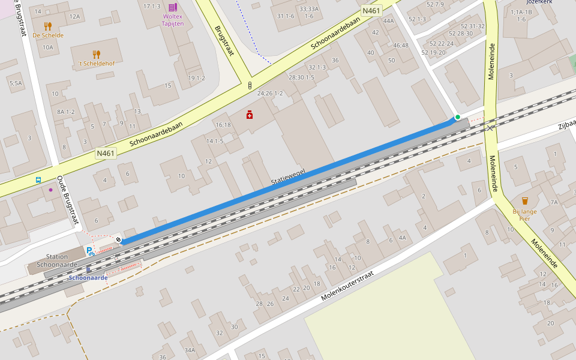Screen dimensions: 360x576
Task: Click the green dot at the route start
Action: point(457,117)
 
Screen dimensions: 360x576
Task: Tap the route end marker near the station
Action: point(118,240)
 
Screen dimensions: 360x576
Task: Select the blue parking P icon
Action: point(89,251)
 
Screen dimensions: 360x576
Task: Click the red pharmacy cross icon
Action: point(250,114)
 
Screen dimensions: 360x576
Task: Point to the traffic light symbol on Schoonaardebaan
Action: point(250,86)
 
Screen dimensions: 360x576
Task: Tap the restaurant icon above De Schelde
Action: point(48,26)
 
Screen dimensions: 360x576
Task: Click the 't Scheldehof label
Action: point(97,65)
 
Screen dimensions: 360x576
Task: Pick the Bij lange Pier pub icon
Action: point(525,201)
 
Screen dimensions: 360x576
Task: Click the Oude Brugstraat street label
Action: point(68,200)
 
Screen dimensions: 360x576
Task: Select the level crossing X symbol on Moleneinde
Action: point(490,127)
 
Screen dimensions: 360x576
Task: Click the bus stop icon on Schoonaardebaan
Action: point(38,179)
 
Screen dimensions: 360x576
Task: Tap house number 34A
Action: point(190,350)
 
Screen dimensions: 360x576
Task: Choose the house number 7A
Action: point(554,202)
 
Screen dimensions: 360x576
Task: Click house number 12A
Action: point(74,16)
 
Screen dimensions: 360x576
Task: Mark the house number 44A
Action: point(388,21)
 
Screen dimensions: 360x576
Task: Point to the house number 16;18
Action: point(223,125)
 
